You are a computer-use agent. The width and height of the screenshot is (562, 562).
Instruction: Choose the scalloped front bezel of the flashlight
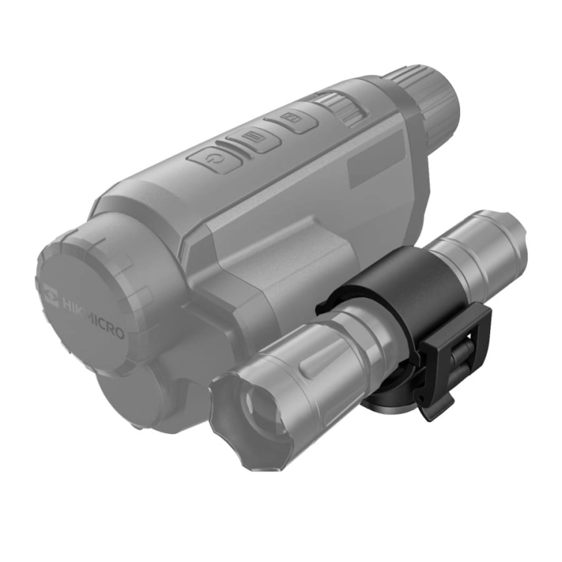(x=232, y=434)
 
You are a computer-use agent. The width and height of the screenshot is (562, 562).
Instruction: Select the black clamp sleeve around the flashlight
(x=404, y=292)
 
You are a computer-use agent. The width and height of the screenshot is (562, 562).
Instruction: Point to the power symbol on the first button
(x=213, y=159)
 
